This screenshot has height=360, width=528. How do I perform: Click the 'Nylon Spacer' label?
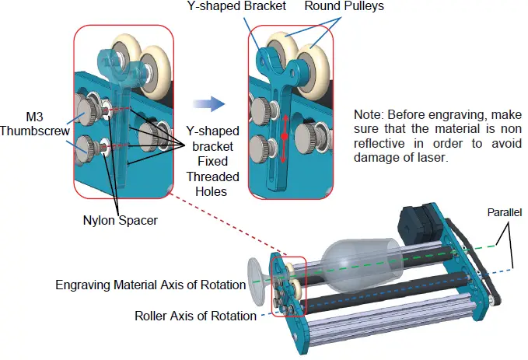coord(121,220)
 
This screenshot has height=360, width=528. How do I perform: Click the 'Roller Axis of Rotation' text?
coord(195,316)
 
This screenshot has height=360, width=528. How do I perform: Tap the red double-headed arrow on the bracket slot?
coord(285,137)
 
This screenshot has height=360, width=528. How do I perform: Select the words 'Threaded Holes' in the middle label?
coord(208,183)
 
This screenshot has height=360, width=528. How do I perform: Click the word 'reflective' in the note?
coord(379,143)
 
